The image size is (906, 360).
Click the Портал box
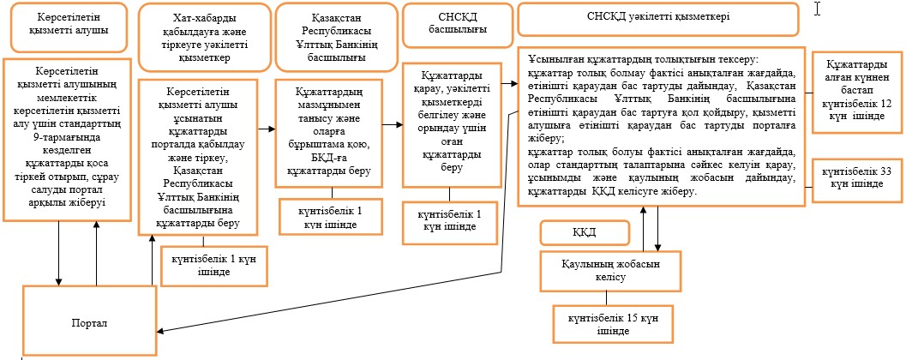pos(89,321)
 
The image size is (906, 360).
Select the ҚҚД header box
pos(585,233)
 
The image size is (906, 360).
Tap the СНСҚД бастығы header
pos(458,25)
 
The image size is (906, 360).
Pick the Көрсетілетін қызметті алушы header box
pos(69,27)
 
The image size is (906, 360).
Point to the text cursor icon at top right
pos(819,9)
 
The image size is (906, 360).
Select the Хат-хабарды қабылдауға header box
pos(205,36)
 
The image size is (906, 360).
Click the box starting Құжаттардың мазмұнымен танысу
pos(329,134)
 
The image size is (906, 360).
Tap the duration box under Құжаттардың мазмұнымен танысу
pos(330,216)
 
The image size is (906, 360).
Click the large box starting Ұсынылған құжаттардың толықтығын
pos(662,127)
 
